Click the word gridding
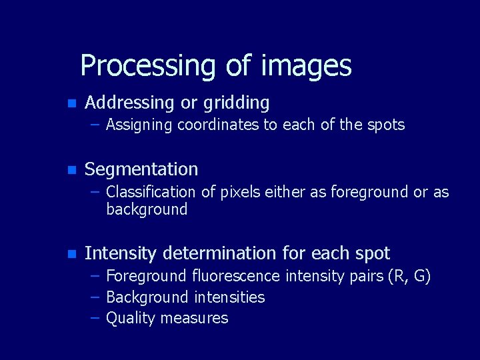(x=236, y=103)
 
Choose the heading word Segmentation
(x=141, y=169)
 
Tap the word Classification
(x=151, y=192)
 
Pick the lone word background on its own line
(x=147, y=209)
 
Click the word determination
(x=225, y=253)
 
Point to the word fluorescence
(x=237, y=276)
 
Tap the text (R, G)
(x=409, y=276)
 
